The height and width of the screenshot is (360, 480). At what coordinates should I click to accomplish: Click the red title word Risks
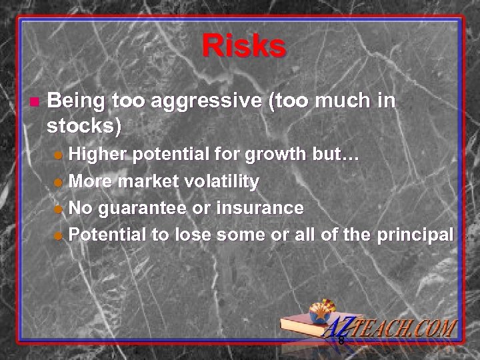[243, 47]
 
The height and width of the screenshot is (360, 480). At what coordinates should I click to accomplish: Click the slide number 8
[341, 341]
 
